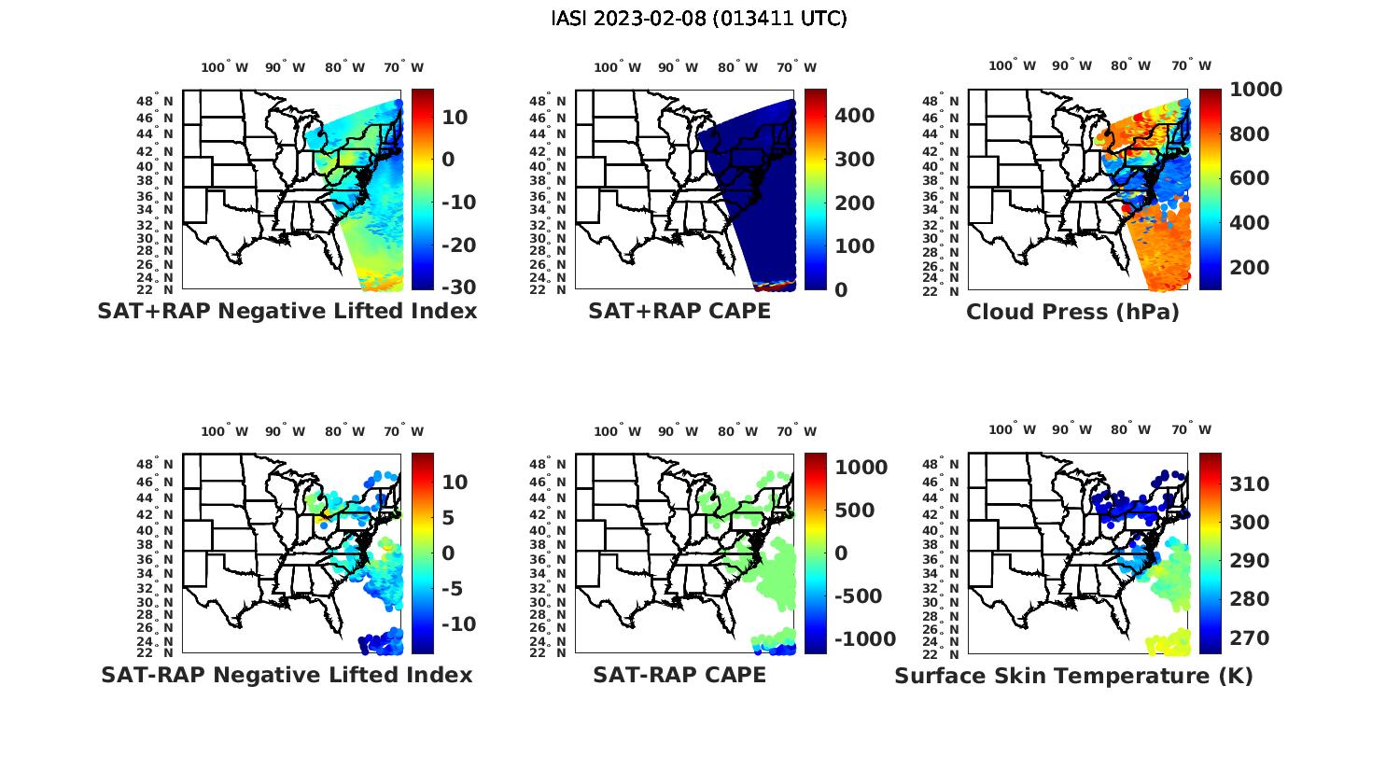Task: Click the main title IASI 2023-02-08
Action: tap(699, 19)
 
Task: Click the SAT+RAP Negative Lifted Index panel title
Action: tap(287, 311)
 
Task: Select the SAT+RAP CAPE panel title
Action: tap(679, 311)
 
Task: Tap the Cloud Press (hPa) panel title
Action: tap(1072, 312)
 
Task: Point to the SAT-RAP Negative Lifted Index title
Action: tap(287, 675)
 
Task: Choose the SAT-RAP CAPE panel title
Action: tap(679, 675)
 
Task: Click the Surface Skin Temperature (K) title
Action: tap(1073, 676)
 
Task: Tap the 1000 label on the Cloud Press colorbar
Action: tap(1255, 90)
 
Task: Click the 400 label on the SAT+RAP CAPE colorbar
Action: tap(854, 116)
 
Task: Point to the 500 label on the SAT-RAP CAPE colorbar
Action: tap(854, 511)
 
